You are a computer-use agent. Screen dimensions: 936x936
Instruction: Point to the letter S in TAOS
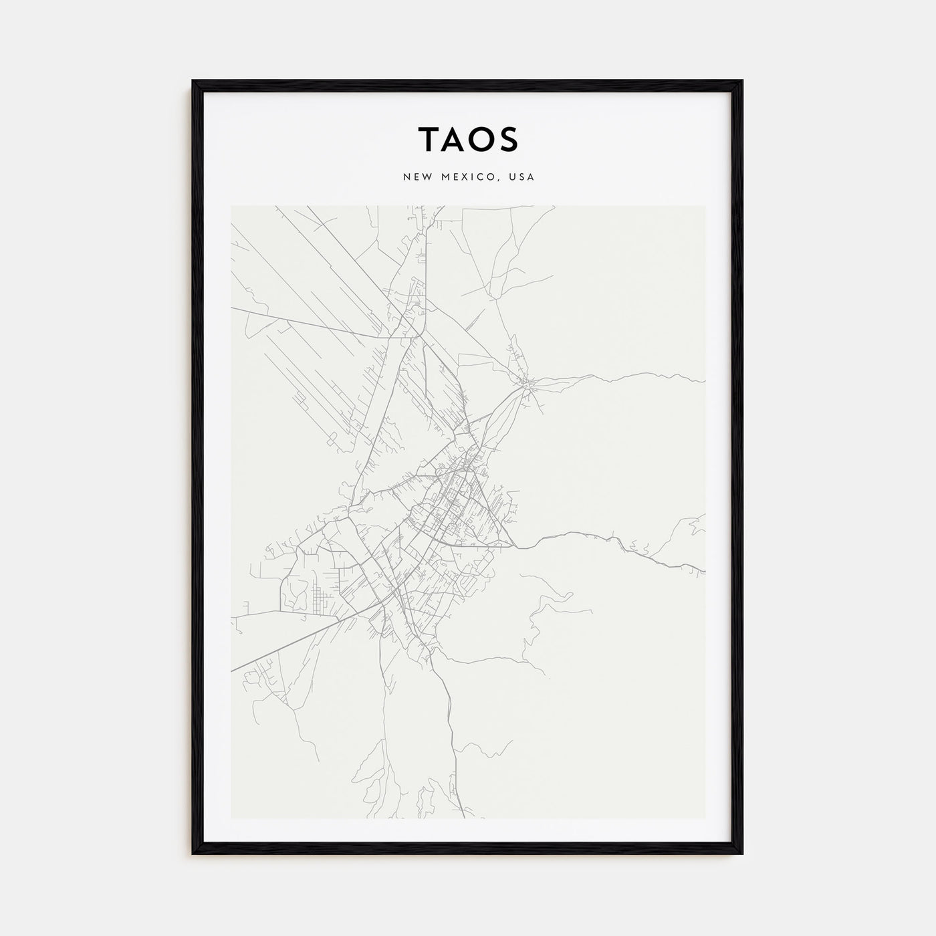[507, 139]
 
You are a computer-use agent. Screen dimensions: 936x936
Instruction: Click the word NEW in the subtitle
[416, 177]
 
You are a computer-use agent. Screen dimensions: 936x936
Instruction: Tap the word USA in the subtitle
[521, 177]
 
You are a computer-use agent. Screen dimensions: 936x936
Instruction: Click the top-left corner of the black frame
[193, 82]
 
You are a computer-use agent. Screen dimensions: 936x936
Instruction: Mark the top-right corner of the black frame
[742, 82]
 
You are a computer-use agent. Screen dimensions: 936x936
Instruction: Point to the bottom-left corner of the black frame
[193, 853]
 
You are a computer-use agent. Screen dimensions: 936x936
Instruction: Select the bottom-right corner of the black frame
[742, 853]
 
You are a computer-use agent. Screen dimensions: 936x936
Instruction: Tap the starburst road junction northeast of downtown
[529, 384]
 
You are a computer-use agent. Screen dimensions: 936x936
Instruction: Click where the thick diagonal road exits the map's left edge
[232, 669]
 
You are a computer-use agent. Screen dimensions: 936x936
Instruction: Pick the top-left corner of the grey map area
[231, 206]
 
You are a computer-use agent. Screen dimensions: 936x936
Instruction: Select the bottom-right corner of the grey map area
[705, 818]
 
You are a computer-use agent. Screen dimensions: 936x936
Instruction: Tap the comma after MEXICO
[497, 180]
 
